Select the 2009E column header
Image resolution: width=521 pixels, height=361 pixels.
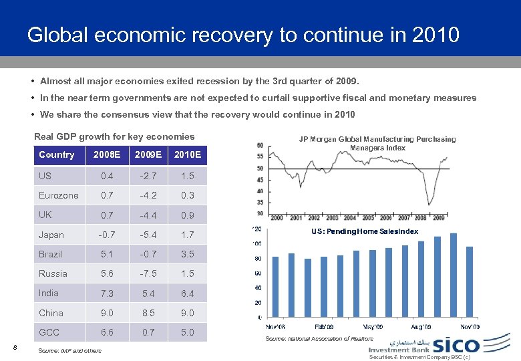coord(148,155)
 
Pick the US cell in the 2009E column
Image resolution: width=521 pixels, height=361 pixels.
coord(148,176)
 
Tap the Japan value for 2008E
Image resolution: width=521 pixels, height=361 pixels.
coord(107,235)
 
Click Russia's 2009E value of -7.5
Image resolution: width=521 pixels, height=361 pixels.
coord(148,273)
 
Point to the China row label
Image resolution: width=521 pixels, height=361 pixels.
coord(51,313)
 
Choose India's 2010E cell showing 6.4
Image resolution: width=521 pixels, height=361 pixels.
coord(187,293)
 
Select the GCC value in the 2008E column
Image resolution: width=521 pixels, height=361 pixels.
coord(107,332)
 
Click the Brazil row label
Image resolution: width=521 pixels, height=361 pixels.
coord(50,254)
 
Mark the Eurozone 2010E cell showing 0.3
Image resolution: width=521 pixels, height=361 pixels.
coord(187,195)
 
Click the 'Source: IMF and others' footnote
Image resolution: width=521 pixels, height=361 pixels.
coord(70,351)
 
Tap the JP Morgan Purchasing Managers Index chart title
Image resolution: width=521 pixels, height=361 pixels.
coord(377,143)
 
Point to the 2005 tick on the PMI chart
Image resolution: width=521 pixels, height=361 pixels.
coord(367,218)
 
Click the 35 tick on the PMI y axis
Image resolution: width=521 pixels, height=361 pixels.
coord(260,202)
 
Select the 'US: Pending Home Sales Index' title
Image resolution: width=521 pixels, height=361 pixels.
coord(365,231)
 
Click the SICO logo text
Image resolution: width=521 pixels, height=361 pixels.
coord(456,346)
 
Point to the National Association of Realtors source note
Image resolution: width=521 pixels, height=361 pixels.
coord(319,339)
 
